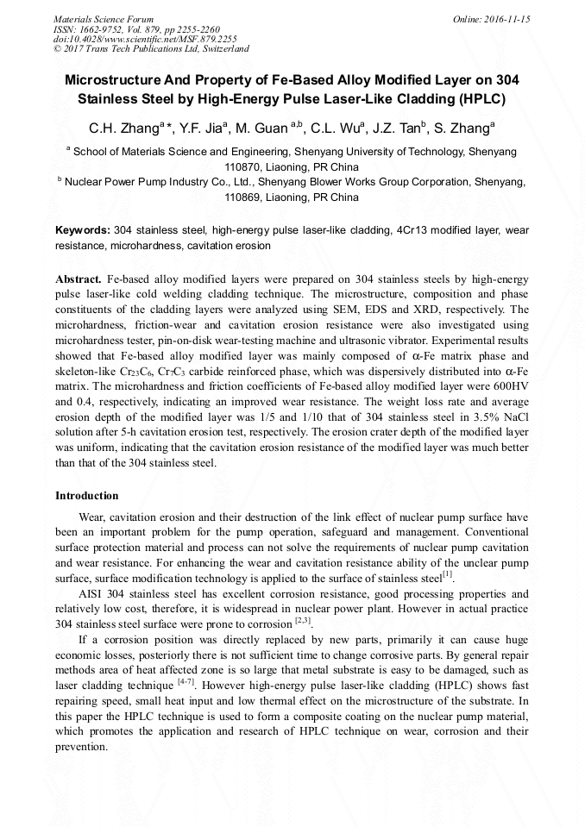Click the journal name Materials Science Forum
tap(104, 18)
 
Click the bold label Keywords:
tap(83, 231)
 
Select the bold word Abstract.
tap(79, 280)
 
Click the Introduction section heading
tap(87, 496)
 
